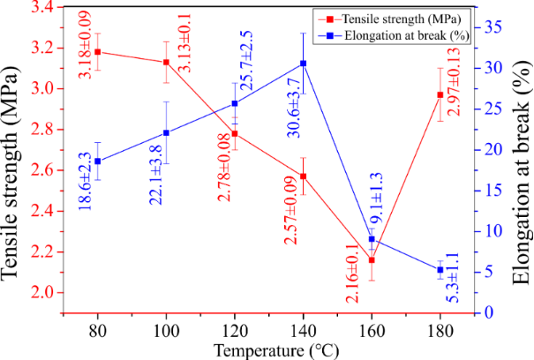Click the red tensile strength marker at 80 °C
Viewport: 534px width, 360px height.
point(97,52)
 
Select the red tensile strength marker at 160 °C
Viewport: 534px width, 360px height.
point(372,260)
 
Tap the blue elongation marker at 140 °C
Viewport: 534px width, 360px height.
point(304,64)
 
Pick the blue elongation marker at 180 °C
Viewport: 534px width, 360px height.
point(440,270)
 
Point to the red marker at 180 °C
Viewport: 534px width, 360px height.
point(440,94)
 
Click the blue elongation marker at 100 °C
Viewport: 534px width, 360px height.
point(166,133)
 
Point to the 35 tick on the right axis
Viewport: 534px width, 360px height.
point(497,27)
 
